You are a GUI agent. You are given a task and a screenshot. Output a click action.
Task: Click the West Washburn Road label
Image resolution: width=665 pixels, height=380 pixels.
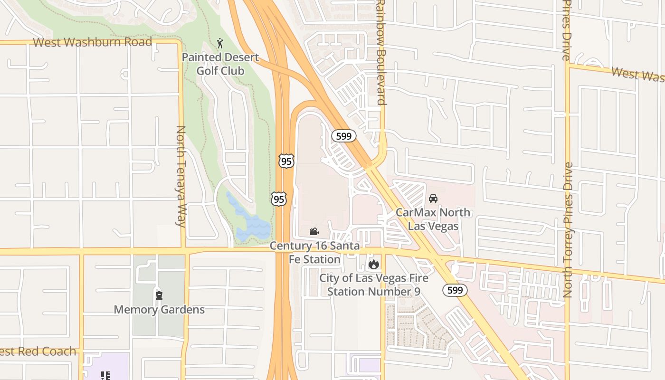coord(93,42)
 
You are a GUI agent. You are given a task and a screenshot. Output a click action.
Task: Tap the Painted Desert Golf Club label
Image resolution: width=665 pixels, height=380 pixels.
coord(221,64)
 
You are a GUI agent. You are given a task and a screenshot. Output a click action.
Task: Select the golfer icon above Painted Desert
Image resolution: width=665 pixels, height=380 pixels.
coord(220,44)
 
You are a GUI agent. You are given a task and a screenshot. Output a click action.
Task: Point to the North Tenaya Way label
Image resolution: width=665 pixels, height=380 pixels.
coord(181,176)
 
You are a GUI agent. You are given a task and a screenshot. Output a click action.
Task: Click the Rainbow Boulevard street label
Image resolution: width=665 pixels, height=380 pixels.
coord(380,52)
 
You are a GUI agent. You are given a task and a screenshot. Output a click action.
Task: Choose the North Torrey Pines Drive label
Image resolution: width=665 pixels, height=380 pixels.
coord(568,230)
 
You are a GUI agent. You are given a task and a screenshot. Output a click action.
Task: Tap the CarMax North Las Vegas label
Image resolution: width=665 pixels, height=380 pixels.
coord(433,219)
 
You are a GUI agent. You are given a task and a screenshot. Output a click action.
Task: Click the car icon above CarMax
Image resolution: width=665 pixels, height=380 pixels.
coord(433,199)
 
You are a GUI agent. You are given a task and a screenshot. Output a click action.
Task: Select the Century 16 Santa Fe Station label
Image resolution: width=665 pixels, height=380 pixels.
coord(314,253)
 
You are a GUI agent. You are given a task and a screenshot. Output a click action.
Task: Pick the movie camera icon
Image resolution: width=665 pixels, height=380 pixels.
coord(314,232)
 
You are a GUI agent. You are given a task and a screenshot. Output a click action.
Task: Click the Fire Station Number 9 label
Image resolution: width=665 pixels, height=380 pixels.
coord(374,285)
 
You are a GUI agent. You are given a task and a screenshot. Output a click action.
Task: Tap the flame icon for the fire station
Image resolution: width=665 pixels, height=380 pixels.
coord(374,264)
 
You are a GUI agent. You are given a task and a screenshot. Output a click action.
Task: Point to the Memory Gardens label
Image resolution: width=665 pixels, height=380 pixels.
coord(159,310)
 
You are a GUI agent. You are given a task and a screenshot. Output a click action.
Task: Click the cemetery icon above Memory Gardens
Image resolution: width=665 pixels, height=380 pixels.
coord(159,295)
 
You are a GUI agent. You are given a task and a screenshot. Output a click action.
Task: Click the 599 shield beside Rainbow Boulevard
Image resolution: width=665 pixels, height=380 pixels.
coord(343,136)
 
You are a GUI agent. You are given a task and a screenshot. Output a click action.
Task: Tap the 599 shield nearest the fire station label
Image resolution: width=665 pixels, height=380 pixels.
coord(456,290)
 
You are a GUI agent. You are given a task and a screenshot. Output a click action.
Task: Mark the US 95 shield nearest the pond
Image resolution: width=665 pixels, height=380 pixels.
coord(279,199)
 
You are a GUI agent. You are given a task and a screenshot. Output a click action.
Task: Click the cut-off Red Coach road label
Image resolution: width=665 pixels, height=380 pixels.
coord(38,351)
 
